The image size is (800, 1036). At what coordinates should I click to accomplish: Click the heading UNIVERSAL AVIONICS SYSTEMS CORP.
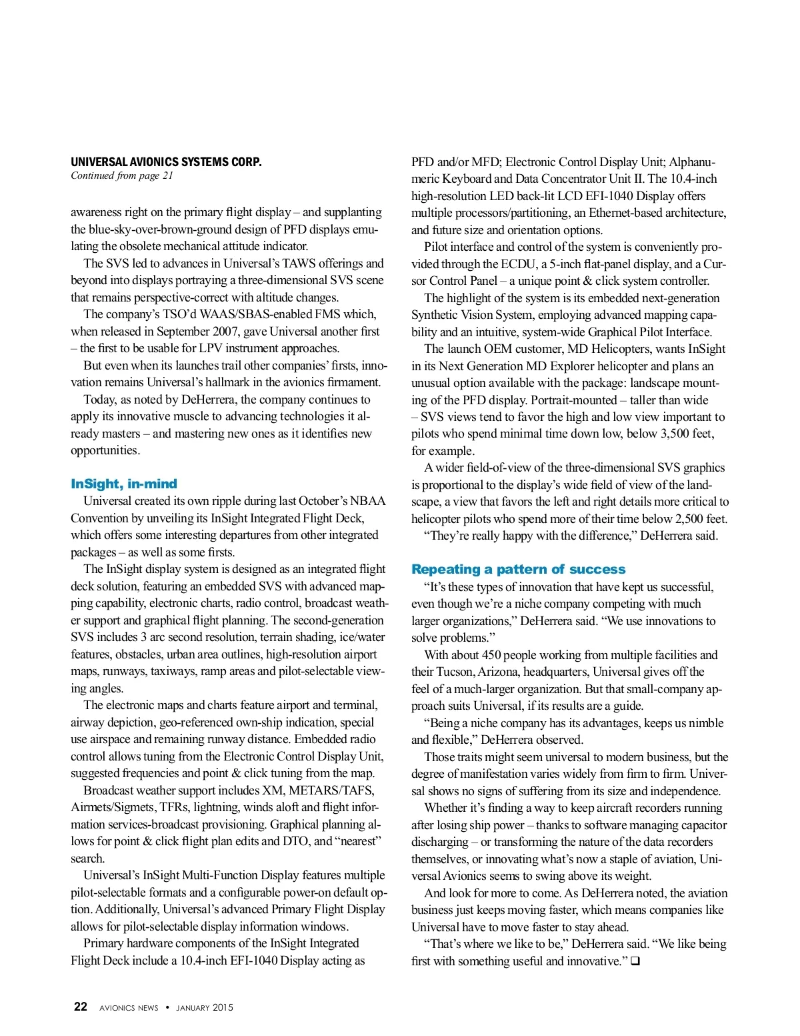(166, 162)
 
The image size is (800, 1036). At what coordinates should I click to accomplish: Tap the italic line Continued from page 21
(122, 175)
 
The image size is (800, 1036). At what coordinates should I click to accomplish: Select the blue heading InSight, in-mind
(124, 484)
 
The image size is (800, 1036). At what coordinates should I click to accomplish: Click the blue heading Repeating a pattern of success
(518, 569)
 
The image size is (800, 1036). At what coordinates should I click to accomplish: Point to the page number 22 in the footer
(80, 1007)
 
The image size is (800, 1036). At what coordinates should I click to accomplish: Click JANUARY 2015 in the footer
(205, 1008)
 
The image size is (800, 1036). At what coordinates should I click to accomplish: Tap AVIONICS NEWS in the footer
(129, 1008)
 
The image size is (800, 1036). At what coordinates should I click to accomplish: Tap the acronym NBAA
(369, 501)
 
